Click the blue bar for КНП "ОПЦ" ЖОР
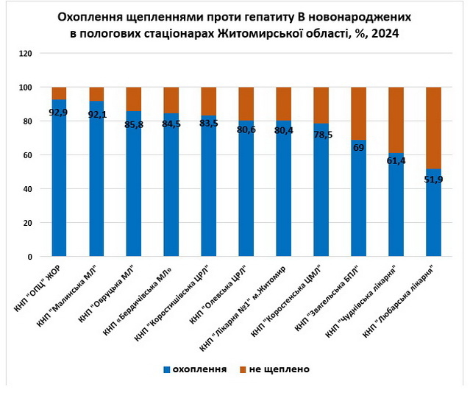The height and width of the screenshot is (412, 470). (59, 184)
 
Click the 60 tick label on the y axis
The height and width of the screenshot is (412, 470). (27, 155)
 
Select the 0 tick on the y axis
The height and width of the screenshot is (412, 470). (29, 257)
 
